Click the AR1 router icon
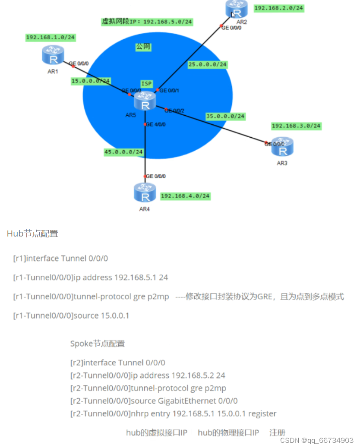(54, 55)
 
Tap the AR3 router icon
(283, 147)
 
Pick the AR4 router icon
(145, 193)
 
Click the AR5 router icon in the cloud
(145, 102)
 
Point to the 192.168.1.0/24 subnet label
(51, 38)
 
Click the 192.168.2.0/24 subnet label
(279, 8)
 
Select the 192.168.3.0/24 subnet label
(296, 126)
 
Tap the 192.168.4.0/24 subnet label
(185, 196)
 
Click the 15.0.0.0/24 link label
(91, 81)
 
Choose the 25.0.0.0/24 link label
(207, 64)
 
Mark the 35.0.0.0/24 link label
(225, 116)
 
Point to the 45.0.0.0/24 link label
(123, 152)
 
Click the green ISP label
(147, 83)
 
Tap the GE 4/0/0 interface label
(156, 124)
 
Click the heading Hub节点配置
(32, 234)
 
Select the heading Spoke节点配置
(98, 344)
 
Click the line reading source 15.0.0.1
(71, 315)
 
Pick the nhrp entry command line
(173, 413)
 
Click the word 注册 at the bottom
(278, 432)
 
